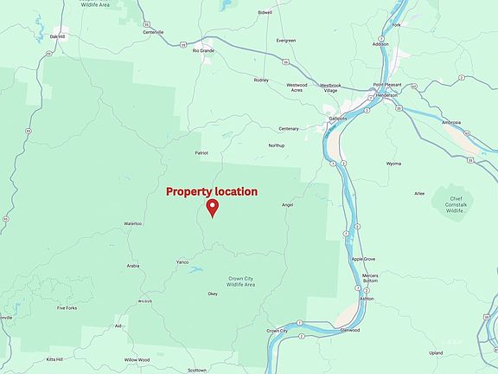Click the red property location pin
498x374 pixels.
(212, 208)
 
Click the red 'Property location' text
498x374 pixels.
(212, 191)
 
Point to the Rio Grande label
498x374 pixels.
(202, 50)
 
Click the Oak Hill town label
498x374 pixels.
(58, 36)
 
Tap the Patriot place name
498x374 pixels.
(201, 152)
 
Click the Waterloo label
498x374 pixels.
(132, 223)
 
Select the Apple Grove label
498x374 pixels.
(363, 259)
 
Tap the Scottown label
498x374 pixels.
(197, 370)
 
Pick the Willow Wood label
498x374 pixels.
(137, 359)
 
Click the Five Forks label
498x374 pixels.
(67, 307)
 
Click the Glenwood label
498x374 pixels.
(350, 329)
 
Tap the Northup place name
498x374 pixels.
(276, 145)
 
